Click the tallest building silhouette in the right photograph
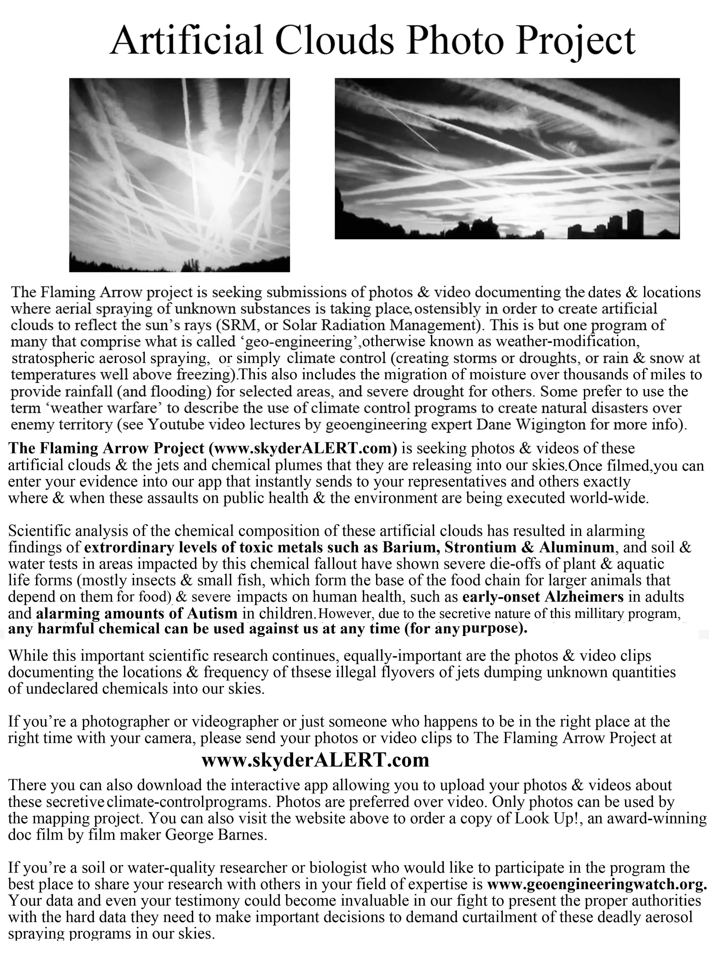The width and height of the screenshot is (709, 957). pyautogui.click(x=635, y=223)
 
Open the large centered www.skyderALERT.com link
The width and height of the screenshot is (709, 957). pyautogui.click(x=315, y=760)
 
